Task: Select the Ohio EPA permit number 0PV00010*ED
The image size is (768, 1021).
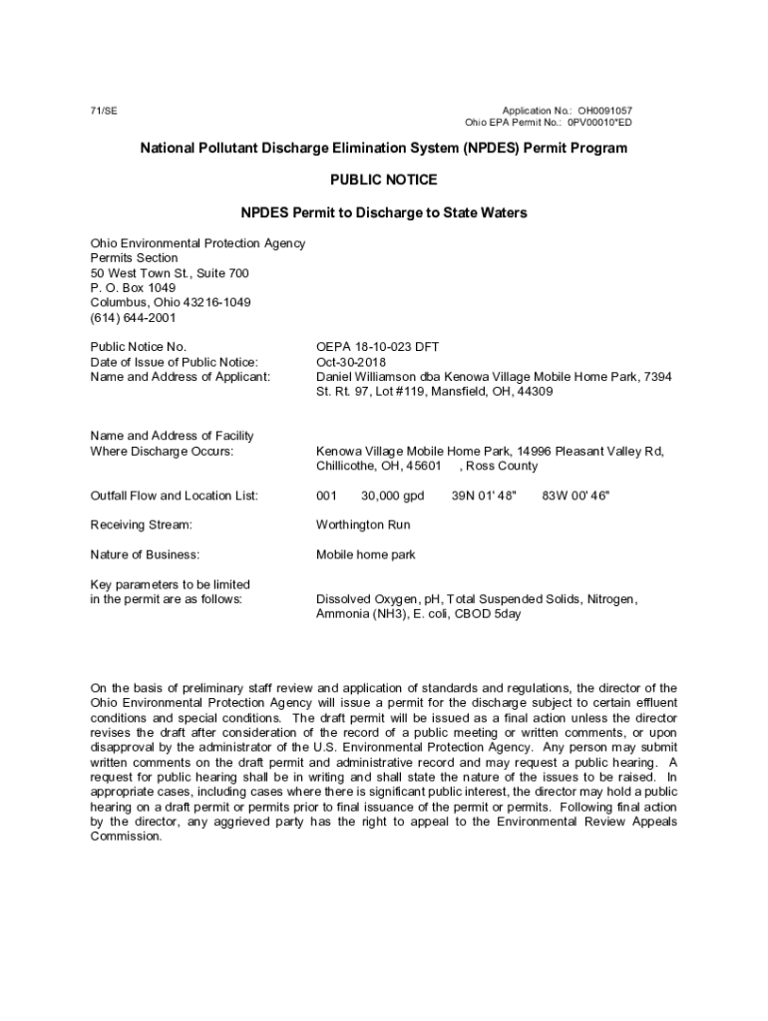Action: [x=599, y=123]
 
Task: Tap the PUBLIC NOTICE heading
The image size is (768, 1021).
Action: [x=383, y=180]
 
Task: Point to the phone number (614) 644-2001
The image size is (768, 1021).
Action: [x=133, y=318]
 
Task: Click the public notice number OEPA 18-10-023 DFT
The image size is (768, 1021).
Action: [x=377, y=347]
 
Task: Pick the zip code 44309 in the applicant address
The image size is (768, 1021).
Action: [x=534, y=392]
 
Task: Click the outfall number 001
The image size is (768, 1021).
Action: [x=327, y=496]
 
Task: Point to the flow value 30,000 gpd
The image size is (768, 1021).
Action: [x=393, y=496]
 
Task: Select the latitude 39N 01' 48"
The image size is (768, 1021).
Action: [x=484, y=496]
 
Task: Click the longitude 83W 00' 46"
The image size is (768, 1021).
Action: [x=576, y=496]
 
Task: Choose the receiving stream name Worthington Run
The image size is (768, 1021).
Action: [x=363, y=524]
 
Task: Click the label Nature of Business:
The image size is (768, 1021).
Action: [x=145, y=554]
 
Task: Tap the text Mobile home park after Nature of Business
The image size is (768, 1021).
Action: [x=366, y=554]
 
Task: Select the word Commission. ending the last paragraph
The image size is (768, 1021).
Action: [x=126, y=837]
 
